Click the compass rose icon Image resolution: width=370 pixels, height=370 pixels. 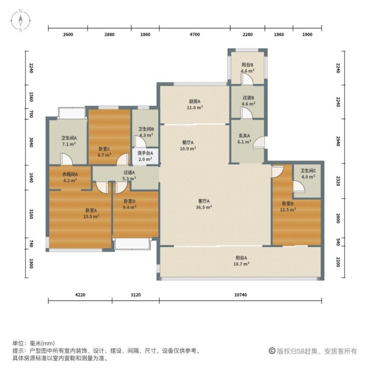point(20,20)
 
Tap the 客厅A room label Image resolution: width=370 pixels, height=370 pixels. point(204,201)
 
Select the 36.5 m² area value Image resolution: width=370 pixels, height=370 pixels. point(204,207)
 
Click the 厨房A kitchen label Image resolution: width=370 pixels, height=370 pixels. point(195,101)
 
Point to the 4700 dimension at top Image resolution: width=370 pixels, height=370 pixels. point(195,34)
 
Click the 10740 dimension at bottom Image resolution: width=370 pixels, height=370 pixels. point(240,295)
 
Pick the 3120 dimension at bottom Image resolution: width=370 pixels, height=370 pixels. point(136,295)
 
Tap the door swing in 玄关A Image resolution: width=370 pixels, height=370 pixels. point(259,142)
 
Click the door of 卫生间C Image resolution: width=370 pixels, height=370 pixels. point(299,187)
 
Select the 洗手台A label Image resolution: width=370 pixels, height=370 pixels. point(145,153)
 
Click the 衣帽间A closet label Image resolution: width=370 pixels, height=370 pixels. point(70,174)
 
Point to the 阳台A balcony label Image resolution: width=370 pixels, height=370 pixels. point(241,258)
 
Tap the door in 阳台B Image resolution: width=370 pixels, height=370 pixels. point(247,78)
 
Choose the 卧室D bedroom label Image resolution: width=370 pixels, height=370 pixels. point(129,201)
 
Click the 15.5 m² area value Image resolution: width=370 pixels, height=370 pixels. point(91,216)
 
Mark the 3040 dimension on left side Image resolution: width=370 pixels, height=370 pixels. point(31,142)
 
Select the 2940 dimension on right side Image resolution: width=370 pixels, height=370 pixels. point(338,141)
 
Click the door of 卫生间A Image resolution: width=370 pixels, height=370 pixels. point(66,159)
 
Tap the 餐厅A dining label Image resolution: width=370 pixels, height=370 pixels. point(188,142)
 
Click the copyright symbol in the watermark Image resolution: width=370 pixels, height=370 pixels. point(272,351)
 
